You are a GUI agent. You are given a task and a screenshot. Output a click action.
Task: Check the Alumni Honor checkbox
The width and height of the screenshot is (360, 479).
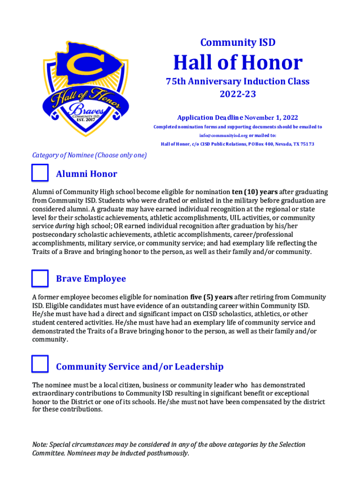pyautogui.click(x=40, y=173)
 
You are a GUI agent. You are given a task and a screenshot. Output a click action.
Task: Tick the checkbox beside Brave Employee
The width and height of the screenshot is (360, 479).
pyautogui.click(x=40, y=278)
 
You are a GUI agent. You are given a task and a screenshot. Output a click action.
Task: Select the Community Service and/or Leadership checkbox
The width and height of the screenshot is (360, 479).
pyautogui.click(x=40, y=364)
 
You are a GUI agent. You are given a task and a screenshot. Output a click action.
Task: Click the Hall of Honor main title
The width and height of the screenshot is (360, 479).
pyautogui.click(x=238, y=63)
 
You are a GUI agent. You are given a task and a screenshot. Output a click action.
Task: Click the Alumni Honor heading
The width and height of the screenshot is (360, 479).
pyautogui.click(x=86, y=174)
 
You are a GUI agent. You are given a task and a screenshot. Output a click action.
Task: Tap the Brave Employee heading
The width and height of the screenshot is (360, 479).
pyautogui.click(x=91, y=279)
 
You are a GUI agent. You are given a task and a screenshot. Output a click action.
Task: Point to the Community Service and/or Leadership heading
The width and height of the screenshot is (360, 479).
pyautogui.click(x=140, y=367)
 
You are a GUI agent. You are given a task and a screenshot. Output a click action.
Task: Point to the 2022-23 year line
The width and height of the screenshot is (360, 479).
pyautogui.click(x=238, y=94)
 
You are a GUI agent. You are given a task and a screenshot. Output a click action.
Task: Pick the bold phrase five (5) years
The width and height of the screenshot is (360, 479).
pyautogui.click(x=211, y=297)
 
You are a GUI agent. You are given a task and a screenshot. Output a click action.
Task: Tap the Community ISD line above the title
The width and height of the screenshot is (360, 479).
pyautogui.click(x=238, y=43)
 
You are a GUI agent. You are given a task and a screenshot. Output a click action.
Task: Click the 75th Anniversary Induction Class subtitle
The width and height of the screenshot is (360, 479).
pyautogui.click(x=238, y=81)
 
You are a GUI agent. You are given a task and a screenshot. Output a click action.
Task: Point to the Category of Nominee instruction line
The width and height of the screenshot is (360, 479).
pyautogui.click(x=89, y=155)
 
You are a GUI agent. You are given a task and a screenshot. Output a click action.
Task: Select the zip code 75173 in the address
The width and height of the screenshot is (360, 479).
pyautogui.click(x=306, y=144)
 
